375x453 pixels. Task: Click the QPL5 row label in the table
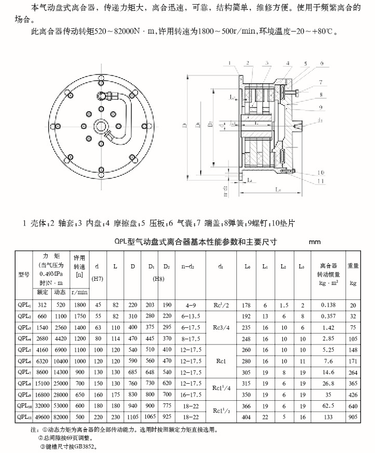pyautogui.click(x=24, y=349)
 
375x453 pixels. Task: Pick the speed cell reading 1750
pyautogui.click(x=79, y=316)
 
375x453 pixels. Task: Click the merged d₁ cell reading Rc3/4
pyautogui.click(x=221, y=327)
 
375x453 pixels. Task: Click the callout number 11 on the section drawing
pyautogui.click(x=321, y=181)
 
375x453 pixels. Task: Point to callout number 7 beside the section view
pyautogui.click(x=321, y=83)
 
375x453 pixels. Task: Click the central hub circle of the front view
pyautogui.click(x=100, y=125)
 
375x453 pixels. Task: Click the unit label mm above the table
pyautogui.click(x=316, y=241)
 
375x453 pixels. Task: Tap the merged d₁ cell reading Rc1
pyautogui.click(x=221, y=360)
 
